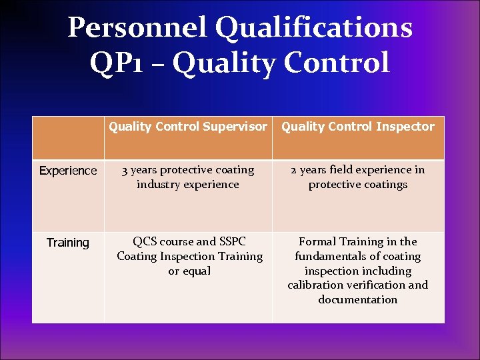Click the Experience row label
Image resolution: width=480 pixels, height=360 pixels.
pos(68,171)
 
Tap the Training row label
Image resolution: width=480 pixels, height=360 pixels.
pos(68,243)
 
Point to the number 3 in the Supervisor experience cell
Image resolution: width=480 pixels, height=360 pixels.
pos(125,170)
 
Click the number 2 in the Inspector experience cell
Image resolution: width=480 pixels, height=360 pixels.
pos(294,170)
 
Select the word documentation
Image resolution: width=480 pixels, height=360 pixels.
pos(358,300)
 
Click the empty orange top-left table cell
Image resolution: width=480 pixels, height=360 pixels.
pos(68,138)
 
